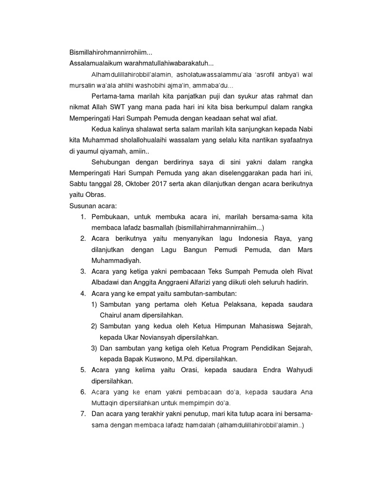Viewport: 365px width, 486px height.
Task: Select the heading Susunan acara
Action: (x=89, y=206)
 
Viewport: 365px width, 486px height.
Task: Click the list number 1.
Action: (x=82, y=217)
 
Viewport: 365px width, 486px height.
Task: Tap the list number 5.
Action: (x=82, y=370)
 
